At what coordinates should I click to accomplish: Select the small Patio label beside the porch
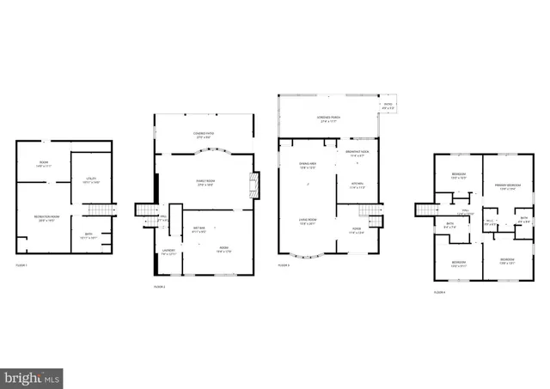coord(388,106)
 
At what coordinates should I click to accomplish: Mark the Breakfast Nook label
coord(357,153)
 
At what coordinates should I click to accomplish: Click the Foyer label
coord(356,229)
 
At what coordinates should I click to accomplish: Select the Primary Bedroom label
coord(510,186)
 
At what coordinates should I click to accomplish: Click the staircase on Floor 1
coord(102,211)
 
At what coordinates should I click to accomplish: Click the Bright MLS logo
coord(33,377)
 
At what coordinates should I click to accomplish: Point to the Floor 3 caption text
coord(284,266)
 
